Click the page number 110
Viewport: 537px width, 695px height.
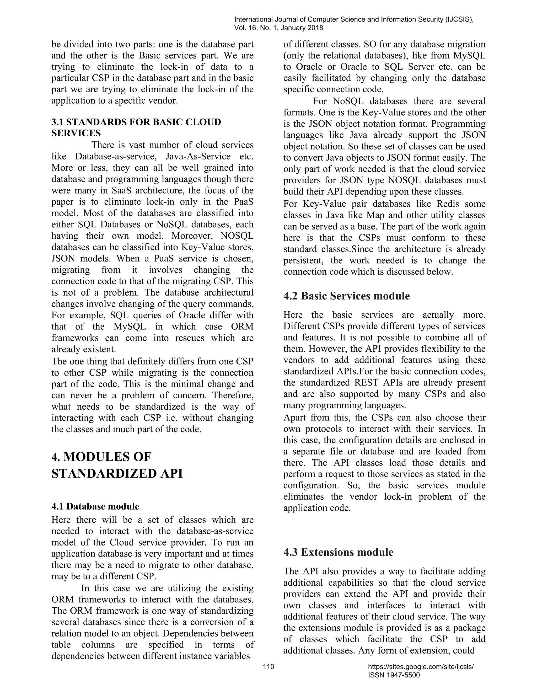[x=268, y=666]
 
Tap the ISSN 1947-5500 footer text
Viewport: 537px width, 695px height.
[x=394, y=675]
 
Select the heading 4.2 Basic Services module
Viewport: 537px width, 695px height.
[x=346, y=296]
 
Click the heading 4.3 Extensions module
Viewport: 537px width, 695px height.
[x=338, y=552]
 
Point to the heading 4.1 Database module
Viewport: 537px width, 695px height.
[x=95, y=506]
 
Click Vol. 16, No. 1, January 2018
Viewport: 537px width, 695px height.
[x=278, y=28]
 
